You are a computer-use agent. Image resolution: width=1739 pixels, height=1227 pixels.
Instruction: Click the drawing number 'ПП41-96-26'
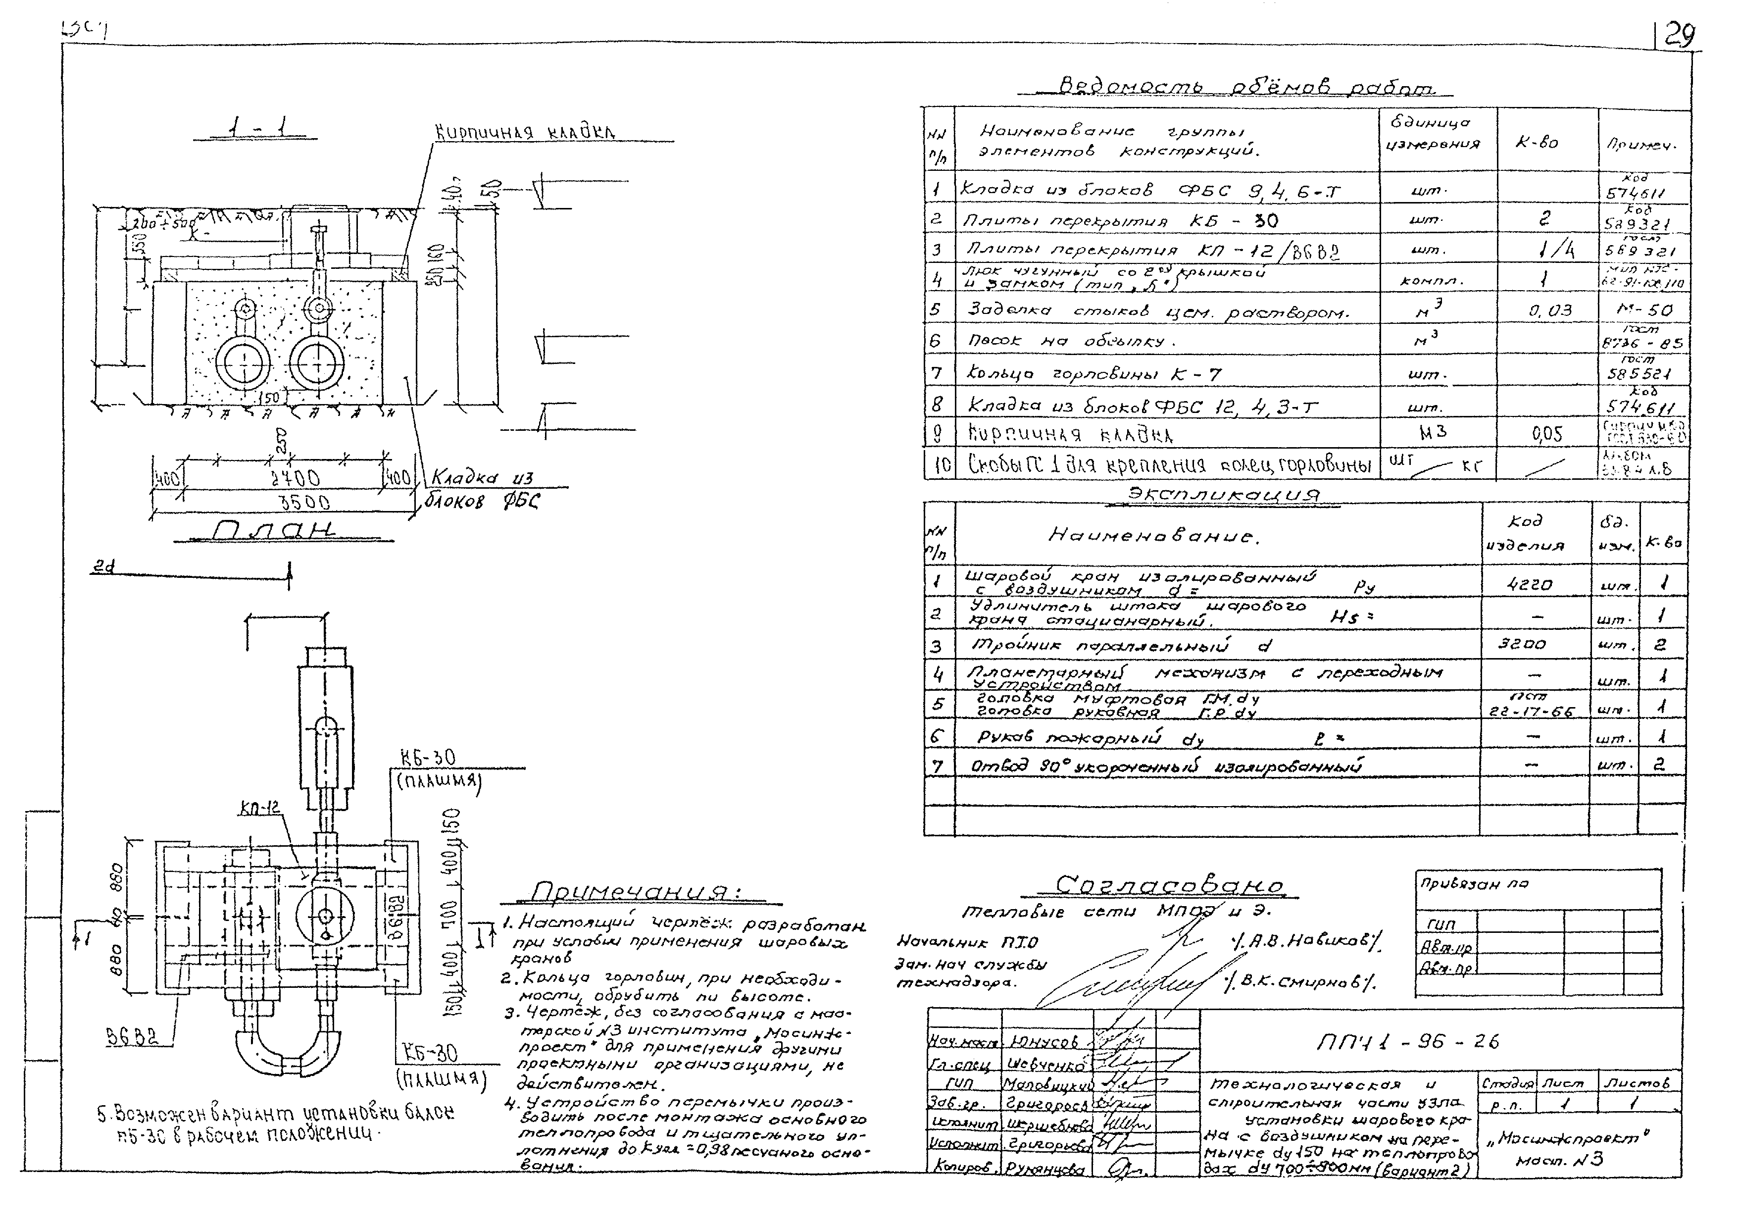pyautogui.click(x=1407, y=1042)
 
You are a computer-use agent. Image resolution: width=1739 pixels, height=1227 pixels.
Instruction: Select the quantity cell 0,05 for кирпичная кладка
pyautogui.click(x=1546, y=433)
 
